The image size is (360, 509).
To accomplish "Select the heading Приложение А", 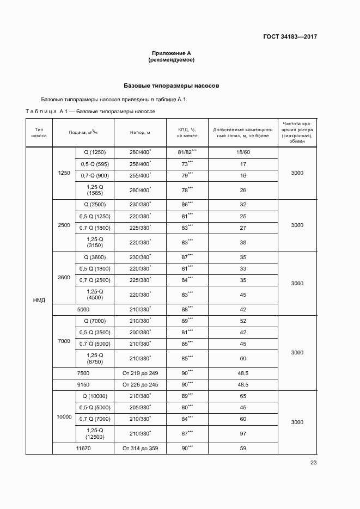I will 172,53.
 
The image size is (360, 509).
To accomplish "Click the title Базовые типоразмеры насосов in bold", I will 172,86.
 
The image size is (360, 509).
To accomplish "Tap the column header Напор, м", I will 140,133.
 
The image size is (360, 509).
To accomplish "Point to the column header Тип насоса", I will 39,133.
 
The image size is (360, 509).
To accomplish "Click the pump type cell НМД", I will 39,301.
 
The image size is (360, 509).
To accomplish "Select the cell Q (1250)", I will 97,152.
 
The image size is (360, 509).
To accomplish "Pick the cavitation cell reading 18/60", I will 243,152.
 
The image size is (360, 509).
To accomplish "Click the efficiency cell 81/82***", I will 187,152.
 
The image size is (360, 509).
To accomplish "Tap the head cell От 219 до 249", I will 140,373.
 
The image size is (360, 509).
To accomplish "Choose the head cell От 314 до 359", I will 140,448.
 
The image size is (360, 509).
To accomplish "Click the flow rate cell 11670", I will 83,448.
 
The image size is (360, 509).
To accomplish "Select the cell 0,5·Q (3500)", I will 95,332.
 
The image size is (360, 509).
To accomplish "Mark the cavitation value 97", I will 243,433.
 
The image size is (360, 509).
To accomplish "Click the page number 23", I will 313,463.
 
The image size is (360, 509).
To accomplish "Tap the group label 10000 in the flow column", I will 64,416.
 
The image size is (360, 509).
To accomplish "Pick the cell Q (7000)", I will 97,321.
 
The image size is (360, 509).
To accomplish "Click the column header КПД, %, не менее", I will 187,133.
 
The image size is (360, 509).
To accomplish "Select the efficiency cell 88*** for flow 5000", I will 187,309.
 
